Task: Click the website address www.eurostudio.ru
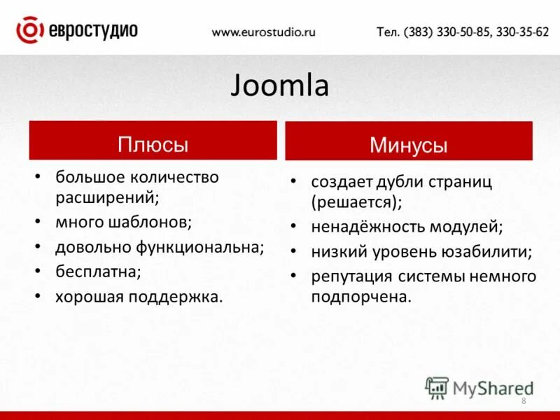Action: coord(264,32)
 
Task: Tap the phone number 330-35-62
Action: coord(522,32)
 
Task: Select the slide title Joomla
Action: coord(279,87)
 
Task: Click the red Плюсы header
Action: coord(153,144)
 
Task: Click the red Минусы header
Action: coord(408,145)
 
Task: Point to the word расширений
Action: coord(106,197)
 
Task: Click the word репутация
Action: coord(353,276)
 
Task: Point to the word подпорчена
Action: coord(360,297)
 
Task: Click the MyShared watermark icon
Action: coord(437,387)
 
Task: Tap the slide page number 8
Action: coord(524,400)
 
